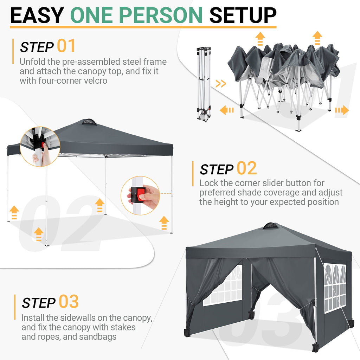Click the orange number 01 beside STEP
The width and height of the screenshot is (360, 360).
click(x=66, y=46)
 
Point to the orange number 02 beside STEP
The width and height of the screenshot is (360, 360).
click(x=246, y=168)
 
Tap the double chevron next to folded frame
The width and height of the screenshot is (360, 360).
click(x=220, y=84)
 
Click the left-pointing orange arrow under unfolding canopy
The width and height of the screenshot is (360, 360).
click(x=227, y=110)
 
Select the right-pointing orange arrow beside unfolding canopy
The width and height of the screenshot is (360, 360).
click(x=341, y=110)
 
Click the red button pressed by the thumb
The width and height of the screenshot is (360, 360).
click(x=141, y=194)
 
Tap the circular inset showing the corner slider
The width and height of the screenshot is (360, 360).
click(x=40, y=146)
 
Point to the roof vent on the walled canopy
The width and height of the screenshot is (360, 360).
click(x=270, y=226)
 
